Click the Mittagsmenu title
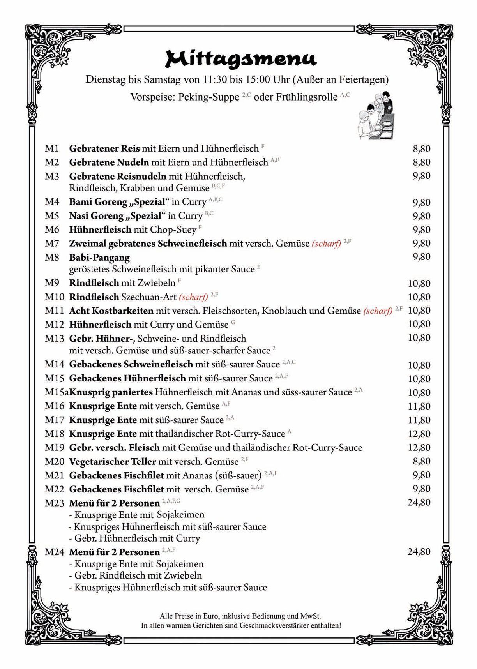click(x=241, y=59)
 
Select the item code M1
click(x=52, y=148)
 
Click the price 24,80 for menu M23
click(x=419, y=502)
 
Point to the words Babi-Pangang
click(x=99, y=258)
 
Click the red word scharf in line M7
click(x=326, y=244)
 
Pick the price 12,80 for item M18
click(x=419, y=434)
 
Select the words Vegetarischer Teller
click(x=113, y=462)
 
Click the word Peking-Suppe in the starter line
click(x=208, y=97)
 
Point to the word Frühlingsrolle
click(x=307, y=97)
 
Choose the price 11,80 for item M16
click(x=419, y=406)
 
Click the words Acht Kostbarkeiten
click(x=111, y=311)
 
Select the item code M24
click(x=54, y=552)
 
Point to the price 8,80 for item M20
click(x=421, y=461)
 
